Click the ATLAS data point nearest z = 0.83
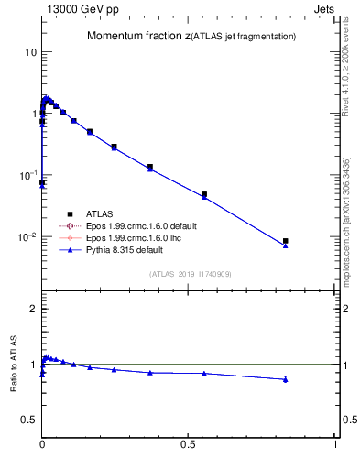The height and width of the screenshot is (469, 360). (285, 241)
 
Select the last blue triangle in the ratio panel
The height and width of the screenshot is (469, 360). (285, 379)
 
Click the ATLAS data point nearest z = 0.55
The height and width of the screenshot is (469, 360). (204, 194)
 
